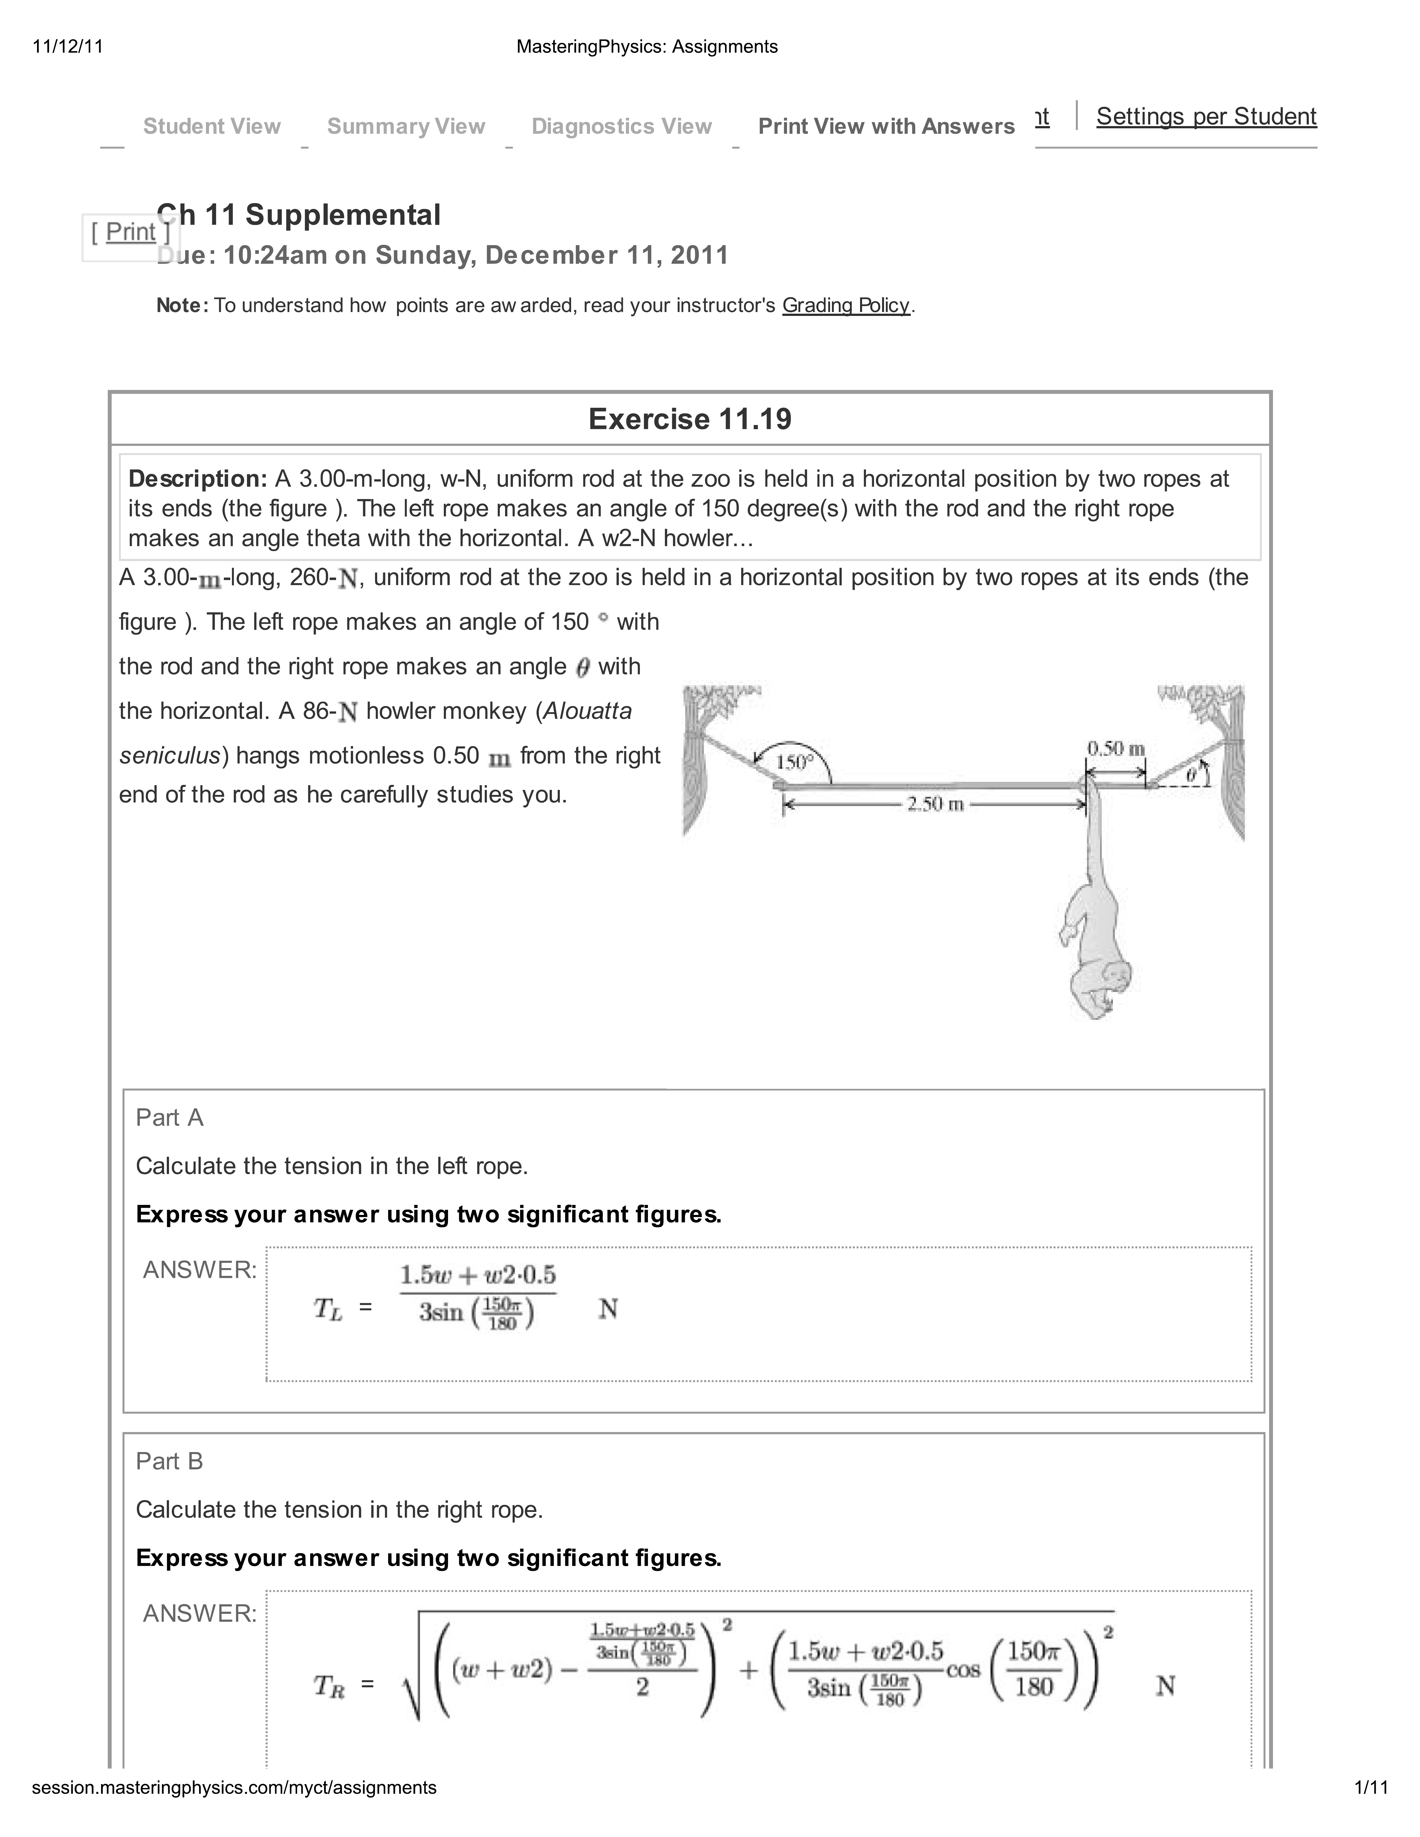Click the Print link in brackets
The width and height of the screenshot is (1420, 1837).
click(131, 232)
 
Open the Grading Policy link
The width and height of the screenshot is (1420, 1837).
click(845, 305)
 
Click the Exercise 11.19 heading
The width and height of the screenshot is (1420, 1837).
click(690, 419)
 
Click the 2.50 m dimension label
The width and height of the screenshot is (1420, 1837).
click(935, 804)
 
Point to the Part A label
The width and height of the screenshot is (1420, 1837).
click(170, 1118)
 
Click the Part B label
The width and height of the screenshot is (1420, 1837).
click(170, 1461)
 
